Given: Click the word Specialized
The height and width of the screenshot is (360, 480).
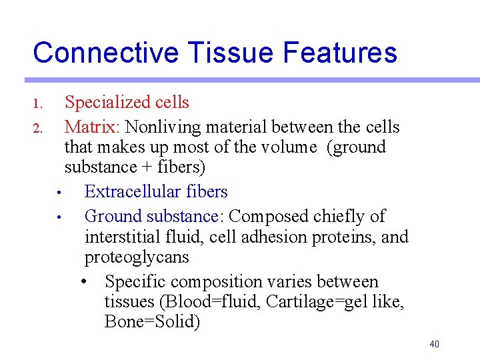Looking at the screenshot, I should click(107, 103).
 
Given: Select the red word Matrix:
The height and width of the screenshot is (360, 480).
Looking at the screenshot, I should click(93, 127).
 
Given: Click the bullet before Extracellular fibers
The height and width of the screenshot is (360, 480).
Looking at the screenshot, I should click(59, 193).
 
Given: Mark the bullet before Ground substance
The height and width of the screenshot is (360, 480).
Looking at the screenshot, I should click(59, 217).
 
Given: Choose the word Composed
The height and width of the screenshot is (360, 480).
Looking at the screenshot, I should click(268, 217).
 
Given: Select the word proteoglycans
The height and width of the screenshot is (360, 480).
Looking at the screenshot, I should click(137, 257).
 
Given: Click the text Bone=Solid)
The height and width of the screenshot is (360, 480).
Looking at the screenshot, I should click(152, 322).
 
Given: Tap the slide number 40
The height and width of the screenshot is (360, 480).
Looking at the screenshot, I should click(434, 344).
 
